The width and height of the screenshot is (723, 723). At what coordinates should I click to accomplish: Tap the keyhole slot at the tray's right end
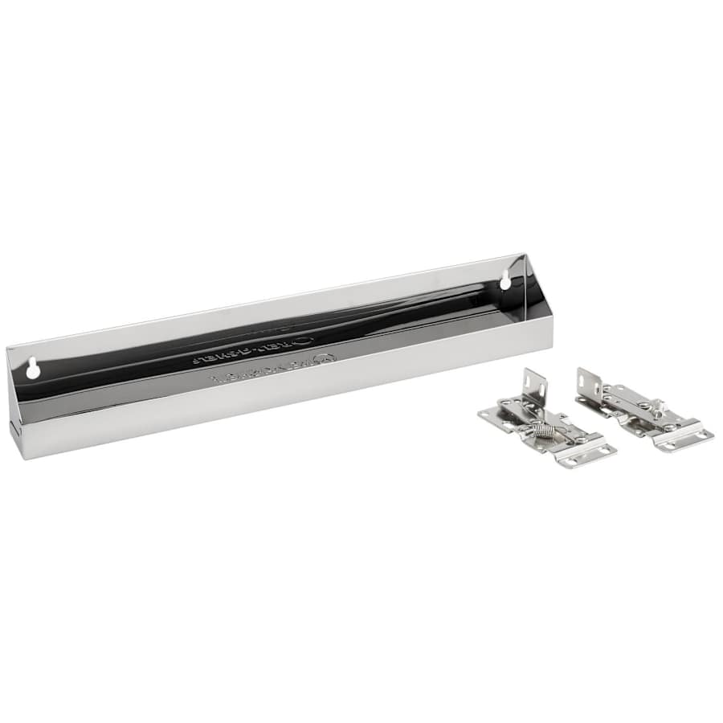(505, 280)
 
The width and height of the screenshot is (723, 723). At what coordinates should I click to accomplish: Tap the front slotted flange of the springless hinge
(683, 438)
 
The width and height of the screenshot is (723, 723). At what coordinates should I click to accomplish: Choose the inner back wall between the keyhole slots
(265, 317)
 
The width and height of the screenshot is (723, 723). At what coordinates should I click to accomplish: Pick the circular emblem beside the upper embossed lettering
(302, 341)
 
